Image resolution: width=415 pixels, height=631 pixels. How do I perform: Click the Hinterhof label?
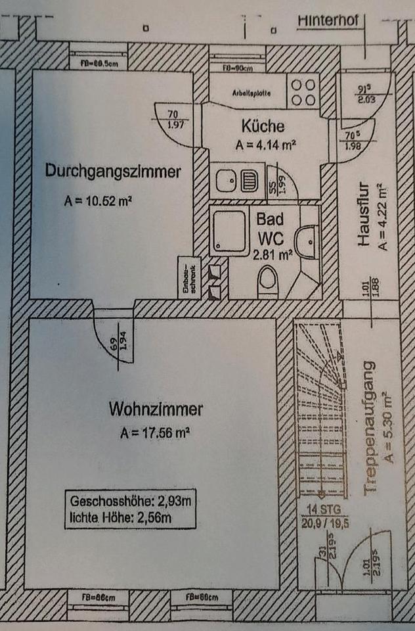328,20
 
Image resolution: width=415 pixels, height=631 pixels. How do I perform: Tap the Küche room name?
262,125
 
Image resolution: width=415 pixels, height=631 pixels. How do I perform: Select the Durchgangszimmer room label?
112,172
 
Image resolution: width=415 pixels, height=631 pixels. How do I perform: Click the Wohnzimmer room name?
156,410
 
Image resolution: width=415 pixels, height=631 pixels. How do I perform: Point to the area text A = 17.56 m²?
155,432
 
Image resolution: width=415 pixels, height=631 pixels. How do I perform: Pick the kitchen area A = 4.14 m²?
262,145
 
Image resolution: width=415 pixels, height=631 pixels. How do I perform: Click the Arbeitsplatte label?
251,93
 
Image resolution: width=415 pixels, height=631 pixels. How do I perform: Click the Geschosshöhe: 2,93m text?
130,501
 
